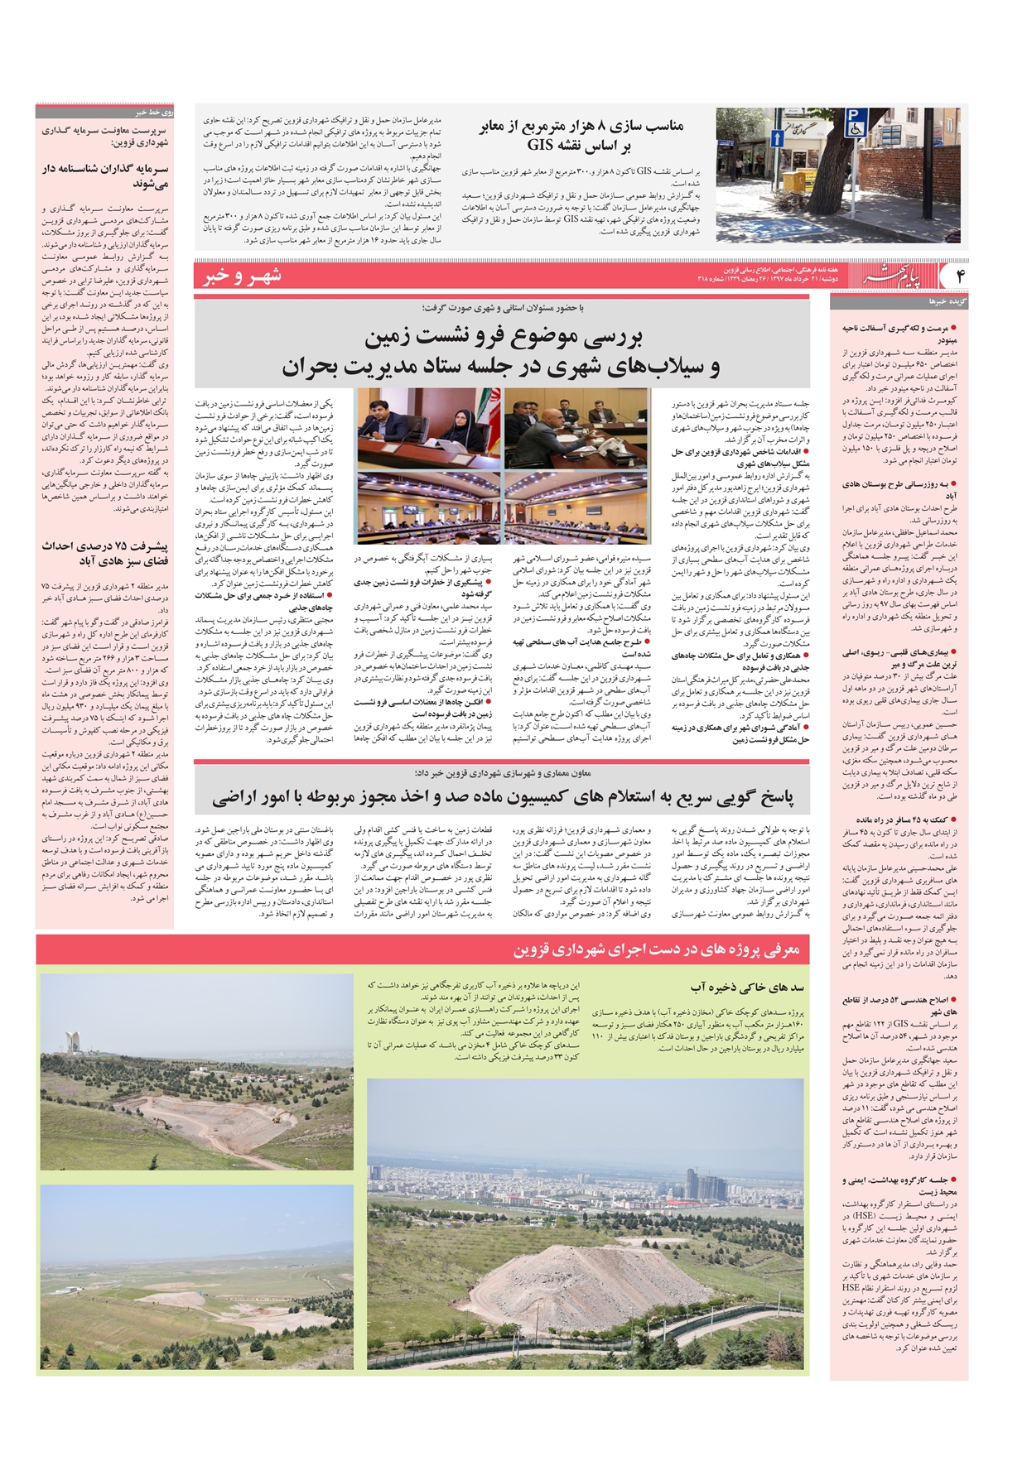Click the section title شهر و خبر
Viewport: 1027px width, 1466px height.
tap(242, 276)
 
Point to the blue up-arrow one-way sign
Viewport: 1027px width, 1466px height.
tap(777, 137)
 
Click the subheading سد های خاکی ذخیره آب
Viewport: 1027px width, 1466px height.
tap(746, 988)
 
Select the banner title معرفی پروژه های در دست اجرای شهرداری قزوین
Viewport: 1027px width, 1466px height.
tap(656, 949)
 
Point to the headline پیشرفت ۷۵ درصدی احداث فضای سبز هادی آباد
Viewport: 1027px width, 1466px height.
tap(105, 553)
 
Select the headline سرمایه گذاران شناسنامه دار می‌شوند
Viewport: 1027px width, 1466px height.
tap(105, 175)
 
